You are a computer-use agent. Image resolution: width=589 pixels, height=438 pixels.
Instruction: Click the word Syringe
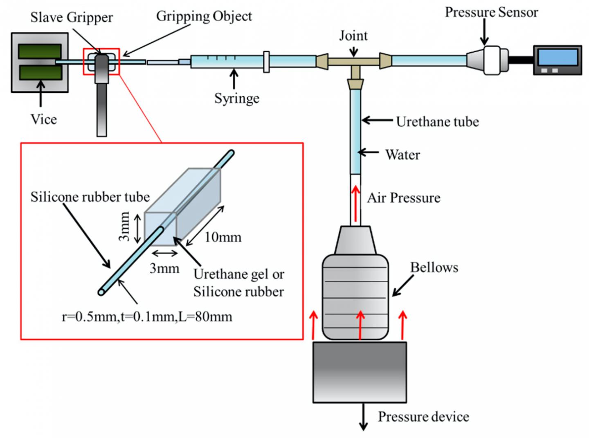tap(236, 99)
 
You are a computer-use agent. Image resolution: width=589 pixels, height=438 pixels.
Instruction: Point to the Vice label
tap(43, 119)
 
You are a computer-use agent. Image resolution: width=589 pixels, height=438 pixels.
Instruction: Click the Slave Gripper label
tap(71, 18)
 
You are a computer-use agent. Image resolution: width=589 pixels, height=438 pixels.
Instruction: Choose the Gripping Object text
tap(204, 16)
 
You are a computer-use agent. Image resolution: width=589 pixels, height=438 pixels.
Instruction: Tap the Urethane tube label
tap(437, 122)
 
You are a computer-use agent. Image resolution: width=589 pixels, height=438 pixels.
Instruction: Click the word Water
tap(402, 155)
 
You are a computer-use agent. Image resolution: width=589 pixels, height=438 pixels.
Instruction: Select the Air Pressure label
tap(403, 198)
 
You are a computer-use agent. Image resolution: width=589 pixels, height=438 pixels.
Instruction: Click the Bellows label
tap(434, 267)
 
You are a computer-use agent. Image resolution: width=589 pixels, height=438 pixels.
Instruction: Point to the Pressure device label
tap(423, 417)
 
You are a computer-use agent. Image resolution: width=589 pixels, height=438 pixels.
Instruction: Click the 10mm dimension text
tap(223, 237)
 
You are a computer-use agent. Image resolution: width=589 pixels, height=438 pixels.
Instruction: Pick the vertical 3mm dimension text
tap(125, 226)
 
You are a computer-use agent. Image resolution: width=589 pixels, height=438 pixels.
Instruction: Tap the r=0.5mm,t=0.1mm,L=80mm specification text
tap(147, 317)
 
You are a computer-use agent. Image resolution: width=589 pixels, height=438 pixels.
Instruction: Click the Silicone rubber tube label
tap(90, 197)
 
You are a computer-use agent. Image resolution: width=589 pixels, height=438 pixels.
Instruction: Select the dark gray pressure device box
tap(360, 372)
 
